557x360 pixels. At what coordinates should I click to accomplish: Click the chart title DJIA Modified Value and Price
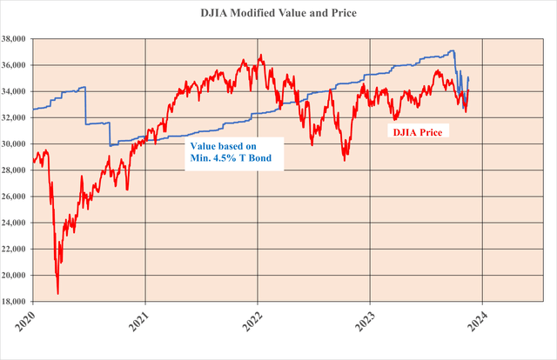(x=278, y=14)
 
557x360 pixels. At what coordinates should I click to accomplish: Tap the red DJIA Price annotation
(x=415, y=133)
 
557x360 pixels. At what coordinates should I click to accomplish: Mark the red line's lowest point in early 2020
(x=57, y=293)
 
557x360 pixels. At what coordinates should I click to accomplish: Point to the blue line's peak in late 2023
(x=453, y=50)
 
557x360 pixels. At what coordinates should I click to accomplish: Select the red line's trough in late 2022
(x=345, y=159)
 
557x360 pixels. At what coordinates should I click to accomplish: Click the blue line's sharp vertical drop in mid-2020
(x=85, y=106)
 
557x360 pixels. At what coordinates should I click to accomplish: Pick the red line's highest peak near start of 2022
(x=259, y=57)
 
